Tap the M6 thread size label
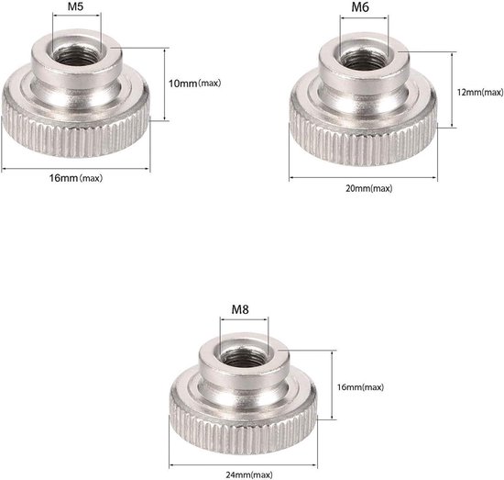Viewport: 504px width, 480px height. point(363,8)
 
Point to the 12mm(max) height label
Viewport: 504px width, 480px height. point(479,92)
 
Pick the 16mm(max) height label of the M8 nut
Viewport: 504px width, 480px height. point(360,387)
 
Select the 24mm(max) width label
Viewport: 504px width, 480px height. point(243,474)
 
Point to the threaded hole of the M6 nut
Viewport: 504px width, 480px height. point(363,58)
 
